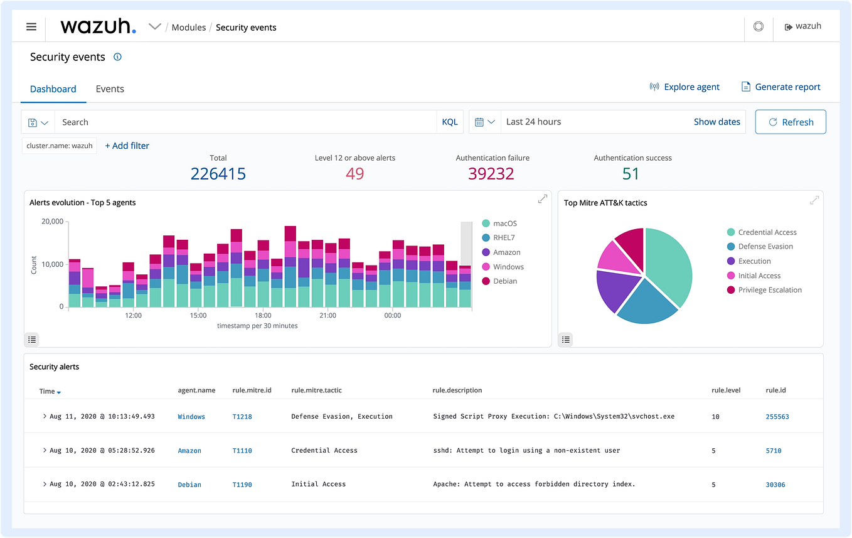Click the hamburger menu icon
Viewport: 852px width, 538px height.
31,27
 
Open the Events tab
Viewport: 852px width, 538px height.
110,89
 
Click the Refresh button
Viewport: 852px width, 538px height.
791,122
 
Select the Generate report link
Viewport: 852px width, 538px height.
780,87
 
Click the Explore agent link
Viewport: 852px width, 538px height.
684,87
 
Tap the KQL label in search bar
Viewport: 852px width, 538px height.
450,122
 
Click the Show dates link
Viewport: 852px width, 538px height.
716,122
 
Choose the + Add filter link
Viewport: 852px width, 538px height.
127,146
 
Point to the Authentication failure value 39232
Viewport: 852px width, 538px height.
491,174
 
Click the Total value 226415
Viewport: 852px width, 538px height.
218,174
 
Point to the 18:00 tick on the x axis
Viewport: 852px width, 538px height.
263,315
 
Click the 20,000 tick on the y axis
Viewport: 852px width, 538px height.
52,222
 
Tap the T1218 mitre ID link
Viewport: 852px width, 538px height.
242,417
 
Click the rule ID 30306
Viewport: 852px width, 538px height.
775,485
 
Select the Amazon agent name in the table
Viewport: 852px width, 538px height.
189,451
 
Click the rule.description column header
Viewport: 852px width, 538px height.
457,390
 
